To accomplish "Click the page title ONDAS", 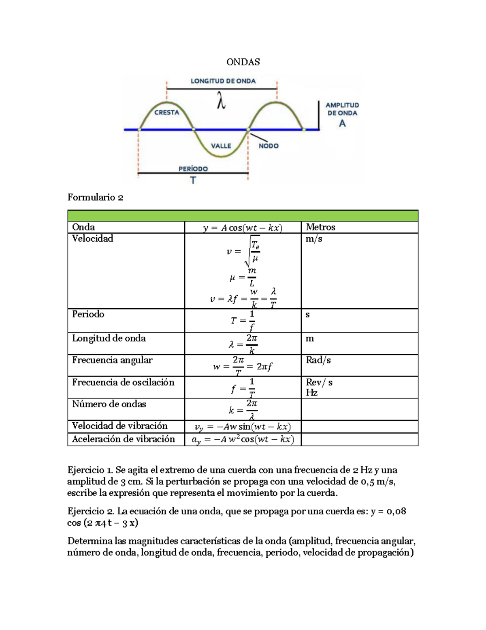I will (x=243, y=62).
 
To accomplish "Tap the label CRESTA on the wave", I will (x=166, y=112).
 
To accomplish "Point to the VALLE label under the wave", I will (x=221, y=146).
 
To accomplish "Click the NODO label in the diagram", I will (x=269, y=146).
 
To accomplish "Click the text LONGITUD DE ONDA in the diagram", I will (x=223, y=81).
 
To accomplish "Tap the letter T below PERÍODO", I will (x=193, y=181).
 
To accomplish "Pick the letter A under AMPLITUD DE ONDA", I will (x=342, y=124).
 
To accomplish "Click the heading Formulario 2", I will (x=95, y=198).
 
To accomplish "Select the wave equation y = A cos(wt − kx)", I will (x=243, y=228).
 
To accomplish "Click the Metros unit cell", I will (x=320, y=227).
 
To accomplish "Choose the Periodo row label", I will (x=88, y=314).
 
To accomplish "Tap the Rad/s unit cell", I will (x=318, y=360).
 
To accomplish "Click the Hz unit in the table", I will (x=311, y=393).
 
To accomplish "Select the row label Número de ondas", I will (x=109, y=404).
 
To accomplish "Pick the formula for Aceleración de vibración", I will (x=243, y=439).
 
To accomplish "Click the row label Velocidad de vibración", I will (x=119, y=426).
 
